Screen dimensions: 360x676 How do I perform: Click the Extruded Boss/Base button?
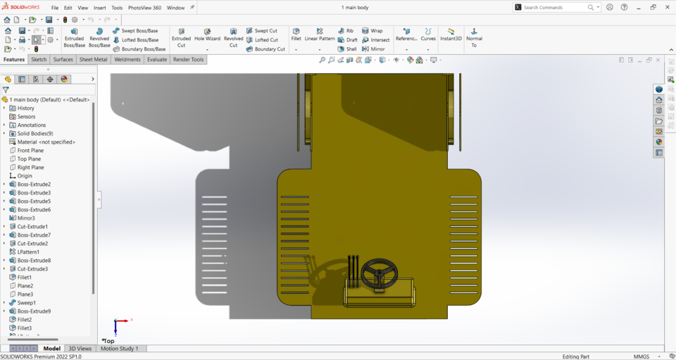tap(74, 37)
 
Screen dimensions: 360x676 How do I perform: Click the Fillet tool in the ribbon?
tap(296, 35)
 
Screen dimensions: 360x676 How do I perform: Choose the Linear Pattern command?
tap(320, 35)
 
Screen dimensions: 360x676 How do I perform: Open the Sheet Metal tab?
tap(93, 60)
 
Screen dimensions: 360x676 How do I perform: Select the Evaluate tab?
tap(156, 60)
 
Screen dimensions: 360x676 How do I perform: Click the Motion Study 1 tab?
tap(119, 349)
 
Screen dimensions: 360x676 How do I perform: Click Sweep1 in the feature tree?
tap(26, 303)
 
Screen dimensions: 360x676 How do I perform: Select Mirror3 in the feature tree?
tap(26, 218)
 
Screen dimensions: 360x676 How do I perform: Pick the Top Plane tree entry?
tap(29, 159)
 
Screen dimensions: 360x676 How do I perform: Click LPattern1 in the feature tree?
tap(28, 252)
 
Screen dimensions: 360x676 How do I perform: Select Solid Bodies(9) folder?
tap(35, 134)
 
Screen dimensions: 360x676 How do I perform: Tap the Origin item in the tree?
tap(25, 176)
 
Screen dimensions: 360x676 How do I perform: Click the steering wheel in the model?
tap(380, 273)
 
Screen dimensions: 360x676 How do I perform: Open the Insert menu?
tap(100, 8)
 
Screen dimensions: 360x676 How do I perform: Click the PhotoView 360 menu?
tap(144, 8)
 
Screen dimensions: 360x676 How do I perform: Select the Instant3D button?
tap(451, 35)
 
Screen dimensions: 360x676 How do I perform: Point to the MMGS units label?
tap(641, 356)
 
